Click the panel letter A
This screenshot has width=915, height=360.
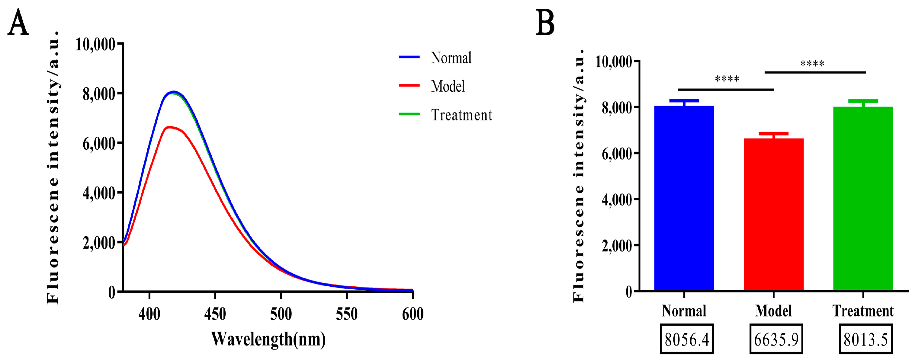click(18, 23)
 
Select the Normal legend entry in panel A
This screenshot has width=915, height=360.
click(451, 58)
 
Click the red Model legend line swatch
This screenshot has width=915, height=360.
click(409, 86)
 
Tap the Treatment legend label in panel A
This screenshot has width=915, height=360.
click(461, 115)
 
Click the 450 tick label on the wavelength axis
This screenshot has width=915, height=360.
click(215, 314)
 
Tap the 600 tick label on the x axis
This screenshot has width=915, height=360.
click(413, 314)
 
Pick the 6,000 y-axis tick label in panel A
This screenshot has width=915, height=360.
click(99, 144)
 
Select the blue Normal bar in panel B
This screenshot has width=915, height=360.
click(684, 199)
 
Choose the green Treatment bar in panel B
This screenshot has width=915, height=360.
click(863, 199)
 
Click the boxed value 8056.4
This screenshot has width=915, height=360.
click(687, 339)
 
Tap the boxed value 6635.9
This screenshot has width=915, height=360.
click(776, 339)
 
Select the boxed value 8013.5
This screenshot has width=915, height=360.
click(866, 339)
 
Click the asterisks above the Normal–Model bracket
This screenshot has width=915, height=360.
click(727, 79)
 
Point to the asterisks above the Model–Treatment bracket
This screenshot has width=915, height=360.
click(812, 64)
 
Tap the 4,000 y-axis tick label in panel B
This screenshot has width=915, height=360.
click(617, 200)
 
